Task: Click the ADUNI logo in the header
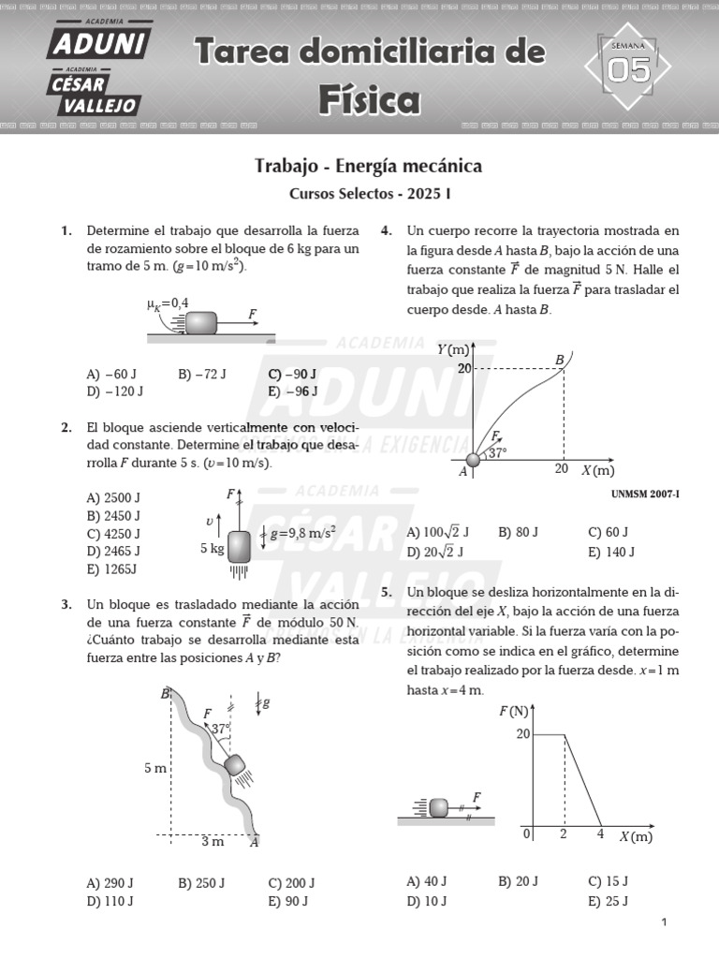point(98,42)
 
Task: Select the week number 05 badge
point(627,68)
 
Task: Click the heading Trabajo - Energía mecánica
point(368,166)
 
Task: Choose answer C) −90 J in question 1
point(292,374)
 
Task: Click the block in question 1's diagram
point(201,323)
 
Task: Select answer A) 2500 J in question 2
point(113,497)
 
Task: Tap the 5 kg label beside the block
point(213,549)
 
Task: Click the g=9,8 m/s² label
point(302,534)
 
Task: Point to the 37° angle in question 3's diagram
point(221,727)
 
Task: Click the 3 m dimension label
point(213,841)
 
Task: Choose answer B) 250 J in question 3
point(201,883)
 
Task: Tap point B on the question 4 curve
point(560,360)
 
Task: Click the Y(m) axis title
point(454,349)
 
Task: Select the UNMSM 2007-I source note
point(644,494)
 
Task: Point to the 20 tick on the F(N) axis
point(523,733)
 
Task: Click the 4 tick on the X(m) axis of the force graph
point(600,834)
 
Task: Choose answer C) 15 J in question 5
point(608,881)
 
